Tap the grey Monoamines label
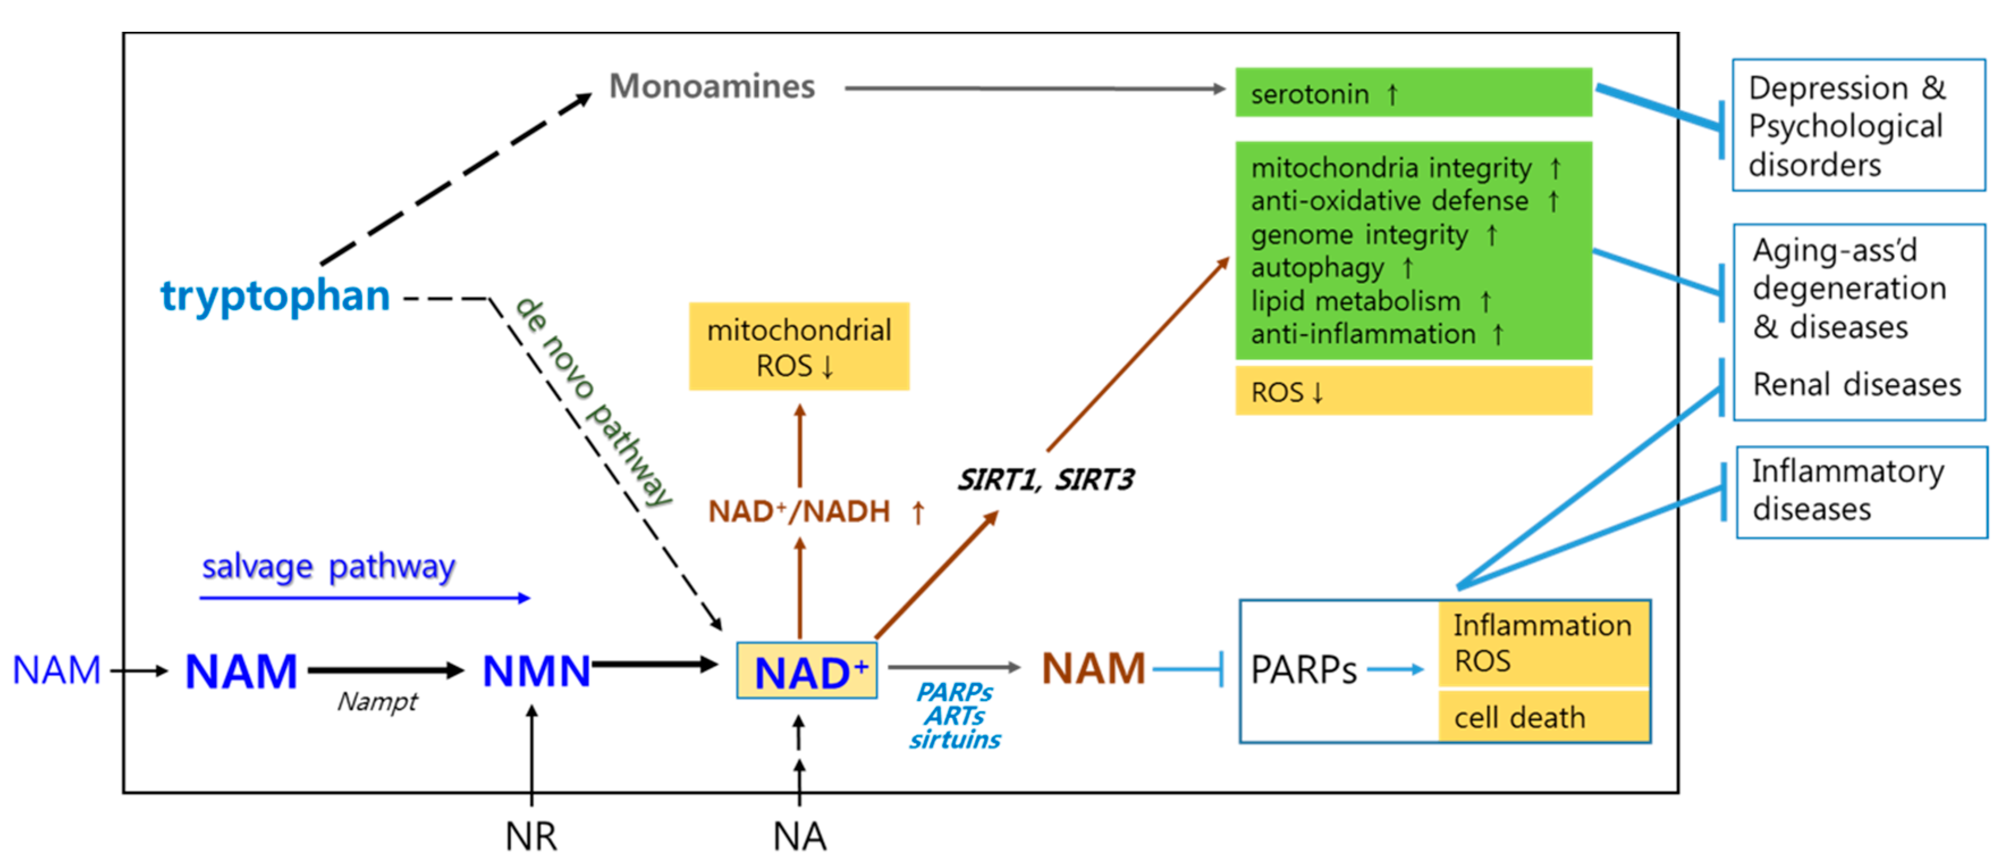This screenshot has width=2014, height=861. (x=712, y=86)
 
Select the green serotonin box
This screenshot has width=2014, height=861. (x=1413, y=93)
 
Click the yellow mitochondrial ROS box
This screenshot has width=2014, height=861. (x=798, y=347)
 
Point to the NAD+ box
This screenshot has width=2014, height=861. (x=806, y=671)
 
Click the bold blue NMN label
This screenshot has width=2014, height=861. (x=536, y=671)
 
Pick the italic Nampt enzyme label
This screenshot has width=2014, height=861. (x=378, y=702)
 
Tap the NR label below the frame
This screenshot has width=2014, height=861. (x=531, y=836)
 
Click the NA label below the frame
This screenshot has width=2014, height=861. (x=799, y=836)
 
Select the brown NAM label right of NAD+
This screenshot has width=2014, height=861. (x=1093, y=669)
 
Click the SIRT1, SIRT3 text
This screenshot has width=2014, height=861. (x=1046, y=479)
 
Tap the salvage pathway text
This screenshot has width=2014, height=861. (x=328, y=566)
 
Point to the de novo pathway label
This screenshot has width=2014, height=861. (x=594, y=401)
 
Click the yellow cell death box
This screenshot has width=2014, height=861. (x=1543, y=717)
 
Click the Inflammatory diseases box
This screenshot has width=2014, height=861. (x=1861, y=492)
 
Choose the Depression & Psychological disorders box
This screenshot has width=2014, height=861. (x=1858, y=125)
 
